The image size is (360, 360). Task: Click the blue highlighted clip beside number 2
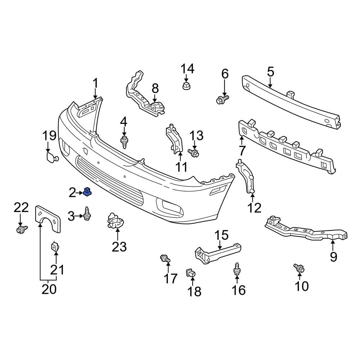(87, 193)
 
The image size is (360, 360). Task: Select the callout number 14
(187, 68)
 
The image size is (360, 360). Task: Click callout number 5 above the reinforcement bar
(270, 72)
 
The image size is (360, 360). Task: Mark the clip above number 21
(55, 247)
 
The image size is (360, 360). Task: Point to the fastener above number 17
(166, 258)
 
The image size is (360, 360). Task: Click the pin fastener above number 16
(237, 269)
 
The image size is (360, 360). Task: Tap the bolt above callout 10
(299, 268)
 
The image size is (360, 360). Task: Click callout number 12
(255, 207)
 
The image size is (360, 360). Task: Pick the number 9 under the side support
(333, 257)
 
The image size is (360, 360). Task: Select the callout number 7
(242, 150)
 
